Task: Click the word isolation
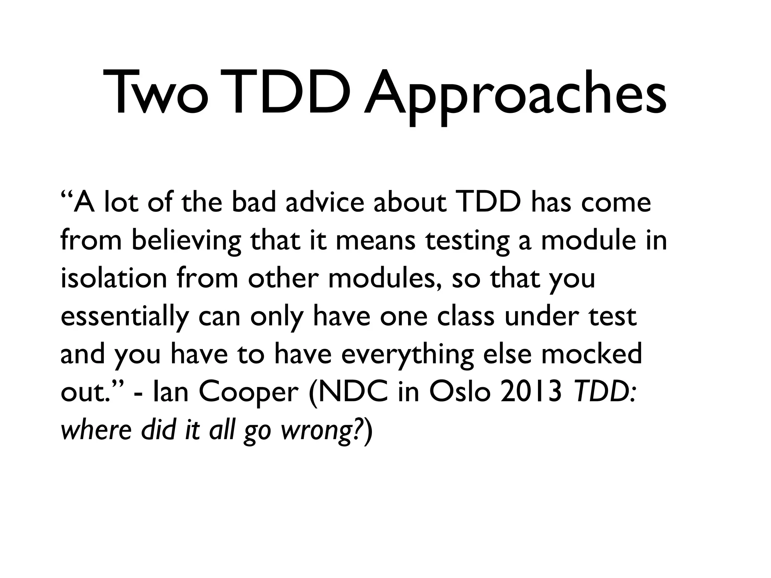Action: (113, 278)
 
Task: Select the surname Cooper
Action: (248, 393)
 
